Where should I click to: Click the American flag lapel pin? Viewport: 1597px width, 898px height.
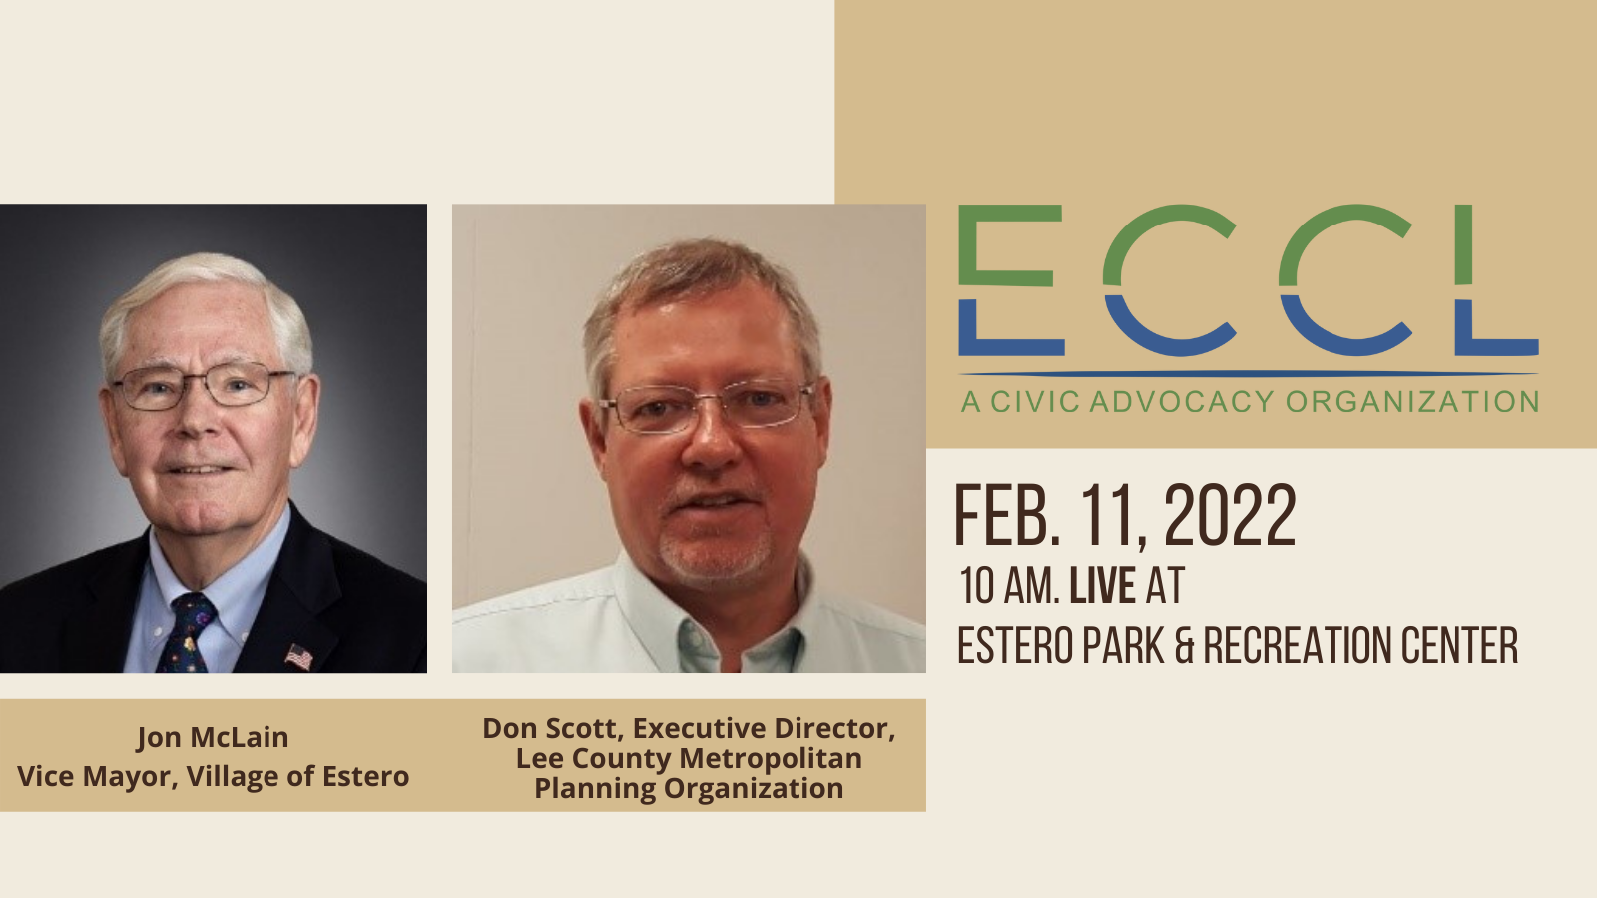(299, 657)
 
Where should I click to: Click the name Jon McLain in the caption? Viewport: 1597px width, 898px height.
(213, 737)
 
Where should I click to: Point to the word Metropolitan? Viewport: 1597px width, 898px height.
(770, 758)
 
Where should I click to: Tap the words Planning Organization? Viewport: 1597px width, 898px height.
(689, 789)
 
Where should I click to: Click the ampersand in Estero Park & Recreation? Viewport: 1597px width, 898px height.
(1184, 645)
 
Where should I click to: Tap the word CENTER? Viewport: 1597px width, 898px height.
(1459, 645)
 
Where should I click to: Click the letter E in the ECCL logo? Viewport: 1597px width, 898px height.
(1011, 280)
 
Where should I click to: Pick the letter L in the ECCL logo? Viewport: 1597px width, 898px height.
(1496, 280)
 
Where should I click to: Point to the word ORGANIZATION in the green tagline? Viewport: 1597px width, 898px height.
(1411, 402)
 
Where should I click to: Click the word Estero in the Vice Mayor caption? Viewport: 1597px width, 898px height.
(365, 776)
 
